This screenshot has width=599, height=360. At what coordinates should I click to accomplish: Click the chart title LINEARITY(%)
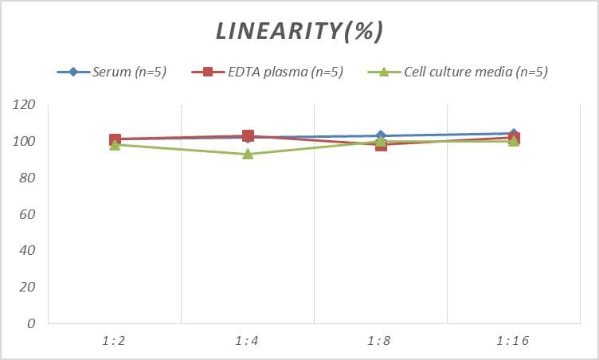click(299, 30)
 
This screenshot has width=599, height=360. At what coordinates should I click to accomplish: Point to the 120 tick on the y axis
click(25, 105)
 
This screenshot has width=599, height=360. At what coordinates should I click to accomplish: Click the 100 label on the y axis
click(25, 142)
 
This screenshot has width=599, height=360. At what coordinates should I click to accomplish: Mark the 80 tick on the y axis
click(27, 178)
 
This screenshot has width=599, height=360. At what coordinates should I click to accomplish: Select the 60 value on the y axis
click(27, 215)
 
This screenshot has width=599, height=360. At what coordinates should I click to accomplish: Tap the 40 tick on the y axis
click(27, 251)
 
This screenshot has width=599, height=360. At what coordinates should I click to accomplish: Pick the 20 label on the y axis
click(27, 288)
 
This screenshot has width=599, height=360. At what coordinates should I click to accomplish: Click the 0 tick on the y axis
click(31, 324)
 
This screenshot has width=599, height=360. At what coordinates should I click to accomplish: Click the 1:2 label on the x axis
click(114, 341)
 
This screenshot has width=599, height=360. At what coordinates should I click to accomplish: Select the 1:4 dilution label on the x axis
click(247, 341)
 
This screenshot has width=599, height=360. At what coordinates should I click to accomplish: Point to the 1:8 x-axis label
click(380, 341)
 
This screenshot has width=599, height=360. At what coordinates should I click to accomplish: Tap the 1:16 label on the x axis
click(513, 341)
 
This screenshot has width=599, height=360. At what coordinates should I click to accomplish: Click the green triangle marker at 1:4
click(248, 154)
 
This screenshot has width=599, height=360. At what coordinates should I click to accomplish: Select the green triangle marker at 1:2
click(115, 145)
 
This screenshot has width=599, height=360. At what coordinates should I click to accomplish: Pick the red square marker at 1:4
click(248, 136)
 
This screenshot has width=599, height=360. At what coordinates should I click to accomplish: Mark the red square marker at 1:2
click(115, 139)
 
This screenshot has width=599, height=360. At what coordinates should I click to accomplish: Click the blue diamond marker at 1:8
click(381, 136)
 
